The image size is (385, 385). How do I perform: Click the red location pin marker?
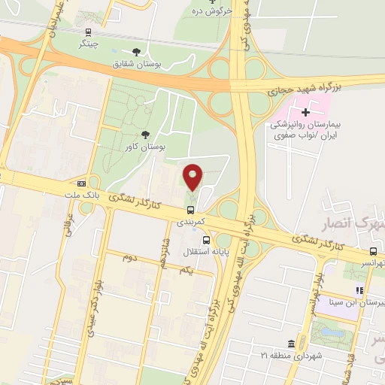pyautogui.click(x=193, y=177)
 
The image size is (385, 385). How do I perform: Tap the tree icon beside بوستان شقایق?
pyautogui.click(x=135, y=51)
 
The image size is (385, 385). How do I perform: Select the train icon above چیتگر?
pyautogui.click(x=89, y=32)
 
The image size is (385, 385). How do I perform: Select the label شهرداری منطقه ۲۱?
pyautogui.click(x=295, y=355)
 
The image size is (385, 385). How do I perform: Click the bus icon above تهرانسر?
pyautogui.click(x=374, y=252)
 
